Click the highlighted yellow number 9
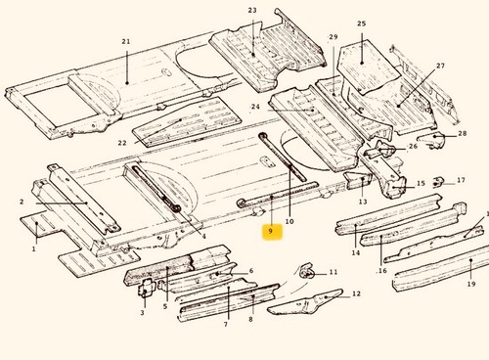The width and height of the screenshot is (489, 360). (270, 231)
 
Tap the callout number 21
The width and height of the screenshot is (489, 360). (126, 42)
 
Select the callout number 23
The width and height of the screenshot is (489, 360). (252, 11)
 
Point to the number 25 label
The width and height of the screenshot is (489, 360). (362, 23)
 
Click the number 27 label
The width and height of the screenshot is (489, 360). (441, 66)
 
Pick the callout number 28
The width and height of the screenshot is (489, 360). (463, 133)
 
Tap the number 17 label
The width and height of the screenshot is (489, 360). (461, 180)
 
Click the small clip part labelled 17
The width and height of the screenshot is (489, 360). (438, 182)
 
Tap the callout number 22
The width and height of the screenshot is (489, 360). (122, 143)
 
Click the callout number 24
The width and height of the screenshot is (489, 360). (255, 107)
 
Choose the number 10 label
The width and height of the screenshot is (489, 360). (289, 221)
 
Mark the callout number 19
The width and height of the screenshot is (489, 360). (471, 284)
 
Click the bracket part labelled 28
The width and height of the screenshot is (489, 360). (432, 139)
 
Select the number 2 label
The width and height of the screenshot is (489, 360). (22, 202)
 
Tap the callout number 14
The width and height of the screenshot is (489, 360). (356, 252)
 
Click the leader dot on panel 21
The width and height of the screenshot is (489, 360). (127, 83)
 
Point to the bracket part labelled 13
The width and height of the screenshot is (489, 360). (358, 180)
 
